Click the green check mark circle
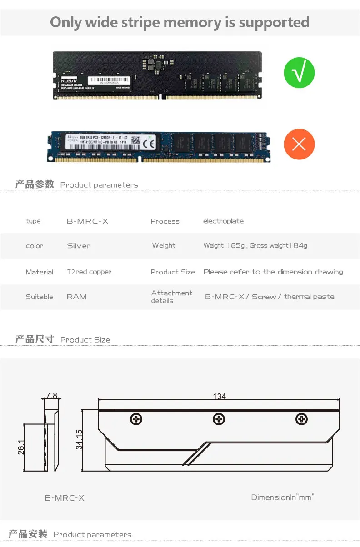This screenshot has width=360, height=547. click(299, 73)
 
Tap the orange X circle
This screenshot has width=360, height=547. click(299, 144)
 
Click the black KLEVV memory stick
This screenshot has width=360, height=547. click(157, 75)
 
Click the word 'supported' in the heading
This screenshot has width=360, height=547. click(270, 22)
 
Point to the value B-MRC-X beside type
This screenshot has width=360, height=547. click(87, 221)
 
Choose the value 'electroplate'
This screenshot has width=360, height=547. click(223, 221)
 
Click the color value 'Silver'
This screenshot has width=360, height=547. click(79, 246)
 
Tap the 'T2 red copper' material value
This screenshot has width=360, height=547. click(89, 272)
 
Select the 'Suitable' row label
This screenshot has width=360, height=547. click(39, 297)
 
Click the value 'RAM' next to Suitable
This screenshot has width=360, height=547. click(76, 297)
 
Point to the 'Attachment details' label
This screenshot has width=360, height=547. click(171, 297)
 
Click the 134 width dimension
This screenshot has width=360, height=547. click(219, 396)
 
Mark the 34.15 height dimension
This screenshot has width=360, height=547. click(79, 439)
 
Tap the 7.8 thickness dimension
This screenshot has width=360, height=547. click(51, 395)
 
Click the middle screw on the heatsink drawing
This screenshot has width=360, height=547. click(219, 419)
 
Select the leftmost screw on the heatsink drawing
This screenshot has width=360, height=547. click(136, 419)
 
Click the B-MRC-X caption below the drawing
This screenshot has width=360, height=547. click(65, 498)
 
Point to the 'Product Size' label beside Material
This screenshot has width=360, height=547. click(173, 272)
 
